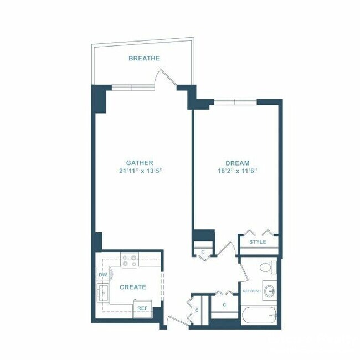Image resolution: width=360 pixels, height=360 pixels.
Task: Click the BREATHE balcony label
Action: click(144, 58)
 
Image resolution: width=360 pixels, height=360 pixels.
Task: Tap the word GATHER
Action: click(140, 163)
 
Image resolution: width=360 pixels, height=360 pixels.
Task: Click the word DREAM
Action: click(237, 163)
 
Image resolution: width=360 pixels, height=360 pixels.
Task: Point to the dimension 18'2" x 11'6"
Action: click(237, 171)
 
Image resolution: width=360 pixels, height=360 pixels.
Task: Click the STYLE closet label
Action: click(258, 242)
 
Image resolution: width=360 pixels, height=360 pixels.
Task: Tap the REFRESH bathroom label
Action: click(251, 291)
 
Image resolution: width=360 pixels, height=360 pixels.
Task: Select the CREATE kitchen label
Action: click(133, 287)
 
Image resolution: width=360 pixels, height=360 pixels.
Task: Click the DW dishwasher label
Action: click(102, 275)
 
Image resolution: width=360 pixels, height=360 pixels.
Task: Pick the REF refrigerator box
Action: click(142, 308)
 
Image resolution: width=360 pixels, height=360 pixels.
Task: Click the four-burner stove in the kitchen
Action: click(130, 260)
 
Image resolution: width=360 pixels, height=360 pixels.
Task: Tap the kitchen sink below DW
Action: click(103, 290)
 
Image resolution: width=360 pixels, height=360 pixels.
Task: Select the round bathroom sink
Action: click(270, 291)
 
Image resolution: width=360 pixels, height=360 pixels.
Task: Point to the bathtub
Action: click(259, 317)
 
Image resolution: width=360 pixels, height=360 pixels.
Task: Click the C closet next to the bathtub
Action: click(224, 305)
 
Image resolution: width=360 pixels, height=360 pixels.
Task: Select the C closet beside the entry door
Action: click(197, 311)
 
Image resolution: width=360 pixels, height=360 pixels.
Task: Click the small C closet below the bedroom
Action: click(203, 251)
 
